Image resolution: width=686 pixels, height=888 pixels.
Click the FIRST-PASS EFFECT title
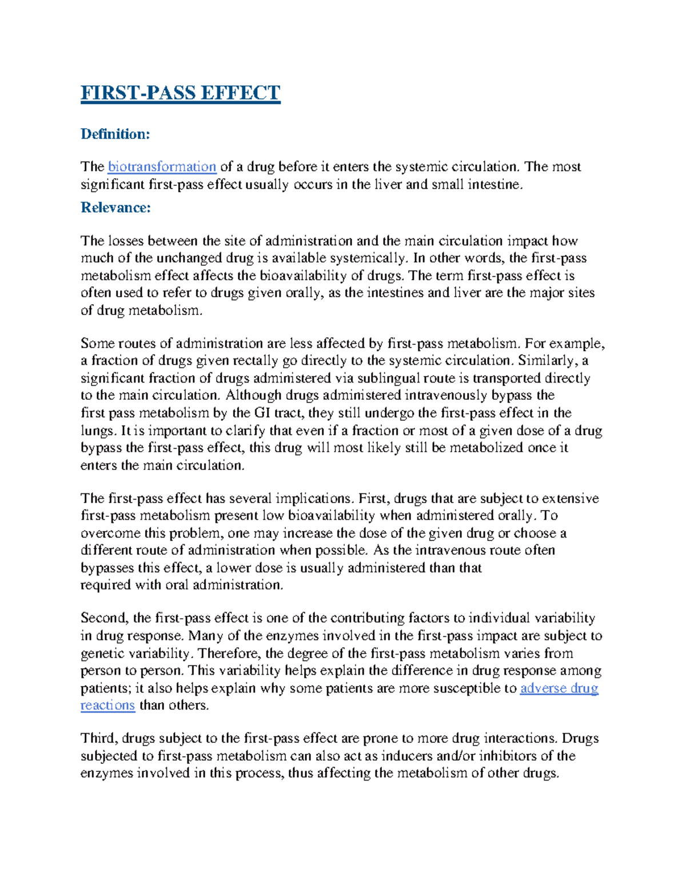pyautogui.click(x=180, y=93)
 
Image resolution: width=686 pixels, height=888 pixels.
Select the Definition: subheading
pyautogui.click(x=115, y=134)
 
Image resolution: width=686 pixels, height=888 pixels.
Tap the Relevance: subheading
pyautogui.click(x=115, y=208)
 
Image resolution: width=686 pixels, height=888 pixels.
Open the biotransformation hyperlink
pyautogui.click(x=162, y=167)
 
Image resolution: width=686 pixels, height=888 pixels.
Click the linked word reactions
pyautogui.click(x=107, y=706)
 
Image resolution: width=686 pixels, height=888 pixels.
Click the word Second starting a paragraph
pyautogui.click(x=105, y=618)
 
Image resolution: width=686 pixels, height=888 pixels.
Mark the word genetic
pyautogui.click(x=101, y=654)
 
